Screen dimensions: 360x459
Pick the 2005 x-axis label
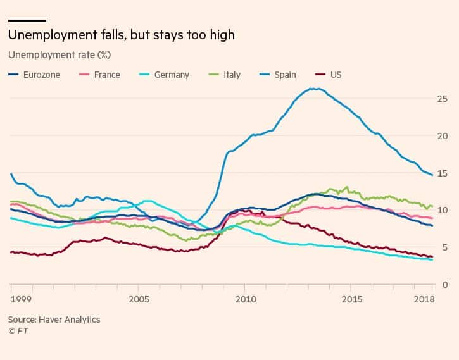tap(139, 298)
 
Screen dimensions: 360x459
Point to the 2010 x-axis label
tap(245, 298)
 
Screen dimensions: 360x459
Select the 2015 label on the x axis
tap(351, 298)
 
